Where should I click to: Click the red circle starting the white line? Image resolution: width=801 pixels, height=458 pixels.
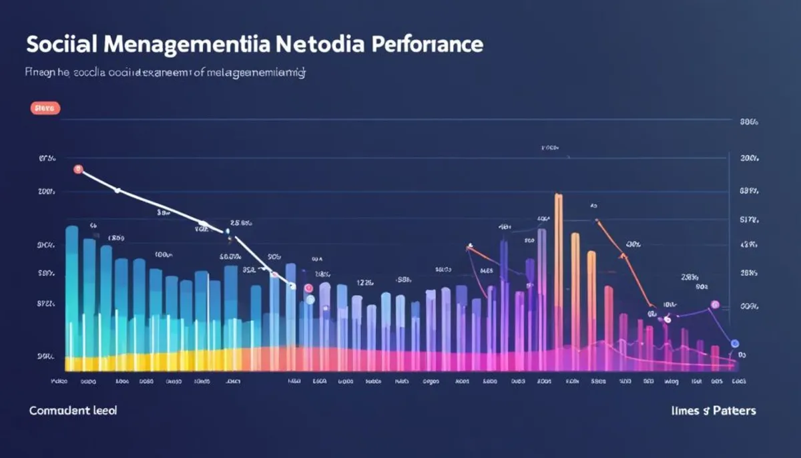(x=78, y=170)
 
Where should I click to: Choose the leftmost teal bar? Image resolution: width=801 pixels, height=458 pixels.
(x=72, y=294)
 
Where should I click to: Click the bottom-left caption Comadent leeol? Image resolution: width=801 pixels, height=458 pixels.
(x=73, y=411)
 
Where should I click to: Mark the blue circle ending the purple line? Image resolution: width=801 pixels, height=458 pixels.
(x=735, y=343)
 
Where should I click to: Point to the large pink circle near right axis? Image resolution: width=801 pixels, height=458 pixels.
(x=715, y=304)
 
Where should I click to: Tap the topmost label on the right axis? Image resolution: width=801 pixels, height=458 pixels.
(x=748, y=122)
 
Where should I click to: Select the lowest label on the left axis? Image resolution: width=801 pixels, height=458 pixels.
(x=46, y=357)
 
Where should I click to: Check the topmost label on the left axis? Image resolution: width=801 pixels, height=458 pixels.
(x=47, y=159)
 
